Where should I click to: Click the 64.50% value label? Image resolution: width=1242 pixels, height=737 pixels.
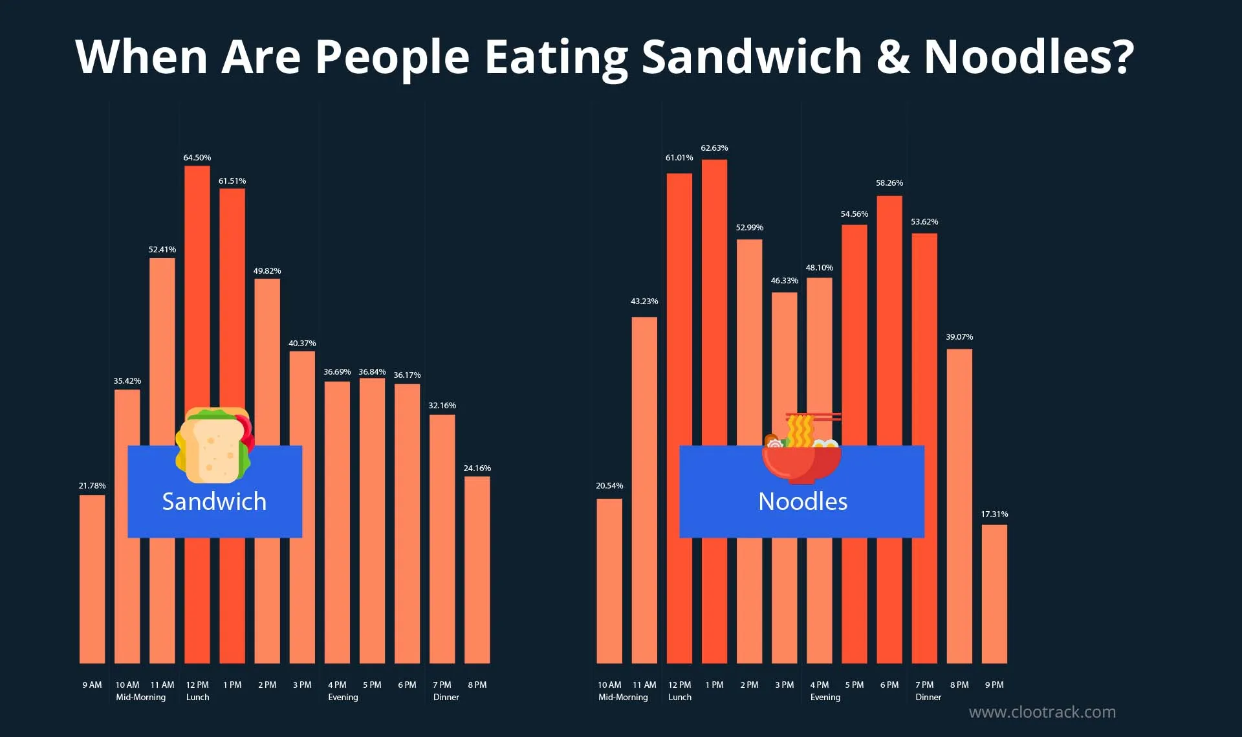click(197, 158)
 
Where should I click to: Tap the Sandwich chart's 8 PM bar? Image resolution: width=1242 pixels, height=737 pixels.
click(477, 569)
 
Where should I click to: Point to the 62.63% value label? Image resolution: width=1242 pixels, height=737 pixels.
click(714, 148)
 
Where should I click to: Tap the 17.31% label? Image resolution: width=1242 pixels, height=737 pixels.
click(994, 514)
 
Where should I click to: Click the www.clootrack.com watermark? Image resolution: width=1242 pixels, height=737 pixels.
click(1042, 712)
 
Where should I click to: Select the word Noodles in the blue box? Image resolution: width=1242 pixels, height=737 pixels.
click(802, 501)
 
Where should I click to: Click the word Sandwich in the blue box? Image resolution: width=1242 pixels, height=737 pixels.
click(214, 501)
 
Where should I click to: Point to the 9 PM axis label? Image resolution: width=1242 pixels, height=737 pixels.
click(994, 685)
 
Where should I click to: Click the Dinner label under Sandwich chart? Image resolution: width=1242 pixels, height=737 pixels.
click(446, 697)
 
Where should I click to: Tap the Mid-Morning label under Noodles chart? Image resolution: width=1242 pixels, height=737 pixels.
click(622, 697)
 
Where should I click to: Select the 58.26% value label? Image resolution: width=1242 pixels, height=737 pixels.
click(889, 183)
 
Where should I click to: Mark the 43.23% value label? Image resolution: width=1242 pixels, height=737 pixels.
click(644, 302)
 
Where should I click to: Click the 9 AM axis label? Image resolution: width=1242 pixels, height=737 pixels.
click(92, 685)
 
